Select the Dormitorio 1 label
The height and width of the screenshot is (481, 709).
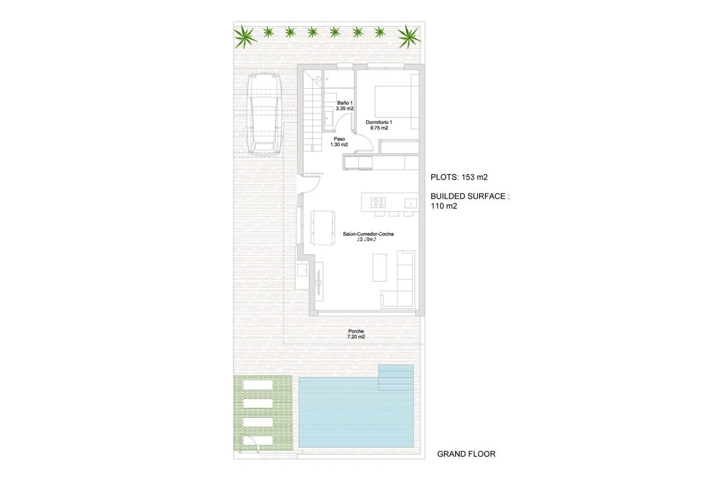pos(379,125)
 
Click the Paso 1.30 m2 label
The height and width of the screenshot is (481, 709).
pos(339,141)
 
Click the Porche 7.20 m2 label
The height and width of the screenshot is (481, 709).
pos(356,334)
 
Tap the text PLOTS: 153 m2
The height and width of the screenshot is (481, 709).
pos(459,177)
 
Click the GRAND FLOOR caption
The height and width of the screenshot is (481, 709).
pos(466,454)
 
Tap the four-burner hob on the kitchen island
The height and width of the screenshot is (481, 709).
pos(379,203)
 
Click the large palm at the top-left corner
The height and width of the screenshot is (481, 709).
pos(245,37)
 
